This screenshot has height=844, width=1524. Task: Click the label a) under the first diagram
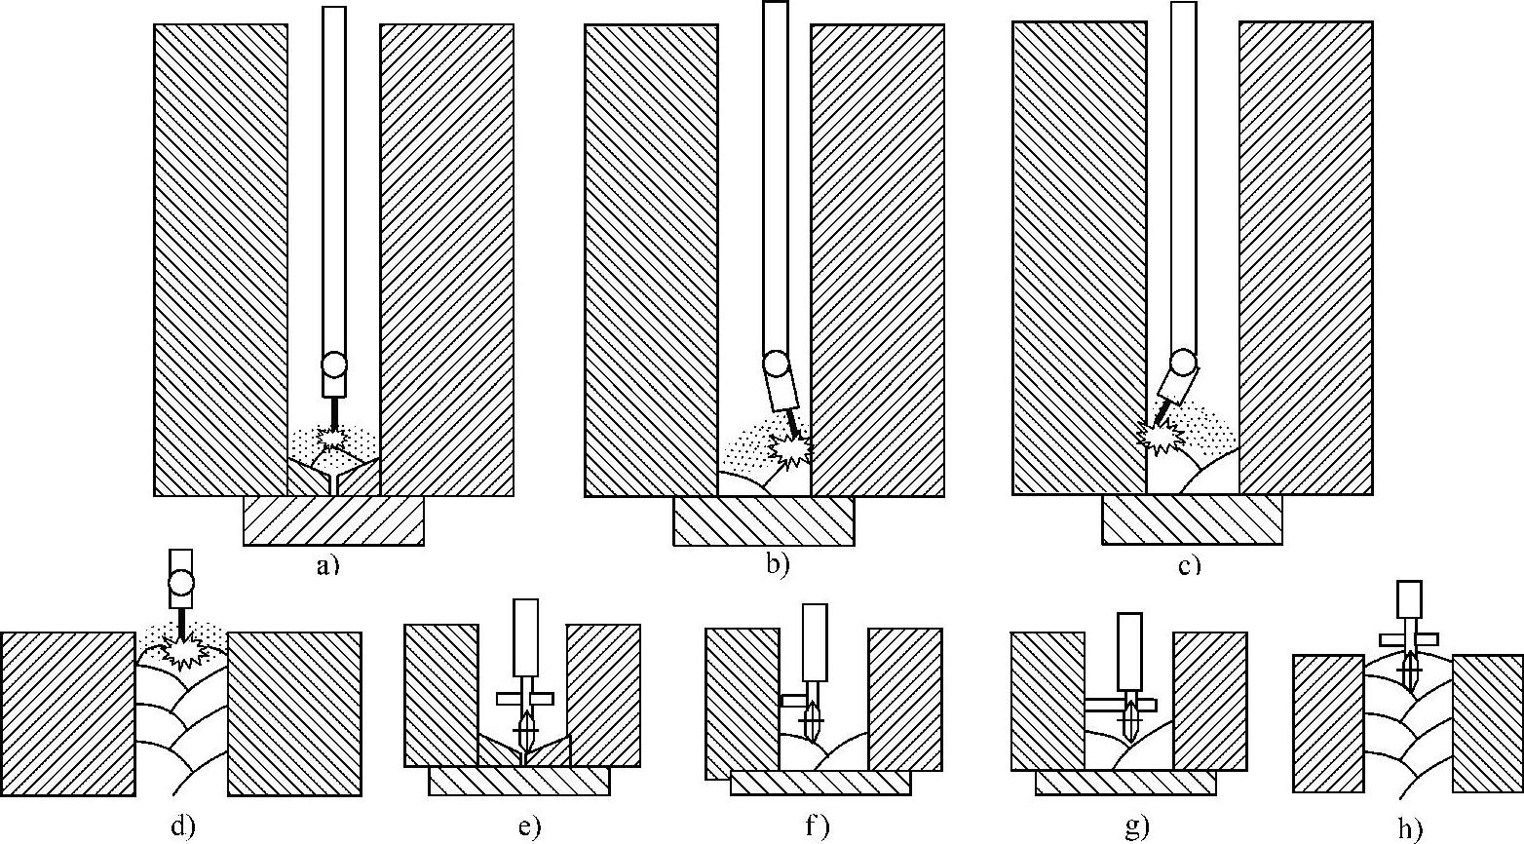coord(326,563)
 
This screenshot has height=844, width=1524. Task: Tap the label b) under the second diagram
coord(777,563)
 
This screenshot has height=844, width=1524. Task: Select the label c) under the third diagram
coord(1189,564)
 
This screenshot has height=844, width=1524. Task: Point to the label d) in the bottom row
coord(182,826)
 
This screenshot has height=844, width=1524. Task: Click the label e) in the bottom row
coord(529,826)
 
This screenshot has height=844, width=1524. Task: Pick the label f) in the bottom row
coord(817,827)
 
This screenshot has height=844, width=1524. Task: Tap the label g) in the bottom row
coord(1136,827)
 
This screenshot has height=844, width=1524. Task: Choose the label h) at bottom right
coord(1409,828)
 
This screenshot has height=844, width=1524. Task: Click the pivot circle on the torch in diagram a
coord(334,364)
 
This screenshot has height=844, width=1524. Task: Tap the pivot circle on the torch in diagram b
coord(776,364)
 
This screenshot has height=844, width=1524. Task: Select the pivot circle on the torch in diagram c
coord(1184,363)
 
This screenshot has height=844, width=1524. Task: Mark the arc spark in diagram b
coord(789,449)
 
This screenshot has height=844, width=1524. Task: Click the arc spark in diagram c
coord(1160,436)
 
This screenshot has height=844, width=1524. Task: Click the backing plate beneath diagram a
coord(333,520)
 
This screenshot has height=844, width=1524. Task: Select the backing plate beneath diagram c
coord(1192,519)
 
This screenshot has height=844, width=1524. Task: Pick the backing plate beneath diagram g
coord(1124,782)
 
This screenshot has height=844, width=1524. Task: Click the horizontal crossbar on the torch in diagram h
coord(1409,639)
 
